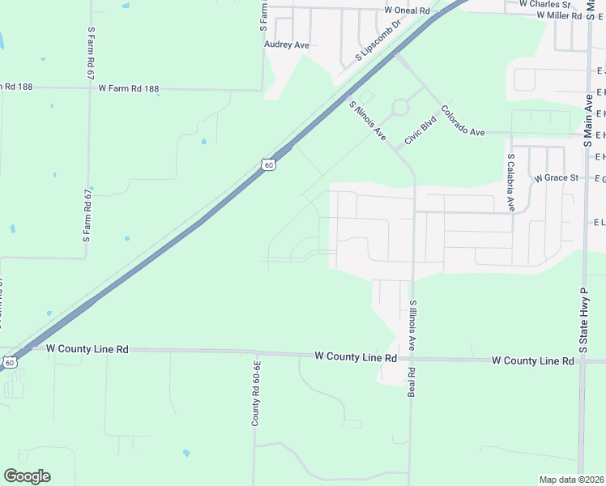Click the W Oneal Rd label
[407, 11]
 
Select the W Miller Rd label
[553, 15]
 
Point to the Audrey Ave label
[287, 45]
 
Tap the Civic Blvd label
[420, 131]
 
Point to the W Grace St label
[556, 177]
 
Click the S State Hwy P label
[582, 320]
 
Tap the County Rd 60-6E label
[254, 394]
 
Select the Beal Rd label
[411, 383]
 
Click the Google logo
[27, 476]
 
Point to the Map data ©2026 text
[571, 480]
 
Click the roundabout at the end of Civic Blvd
[399, 107]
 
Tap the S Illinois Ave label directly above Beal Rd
[412, 326]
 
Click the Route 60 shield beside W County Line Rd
[8, 362]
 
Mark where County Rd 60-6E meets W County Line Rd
[254, 352]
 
